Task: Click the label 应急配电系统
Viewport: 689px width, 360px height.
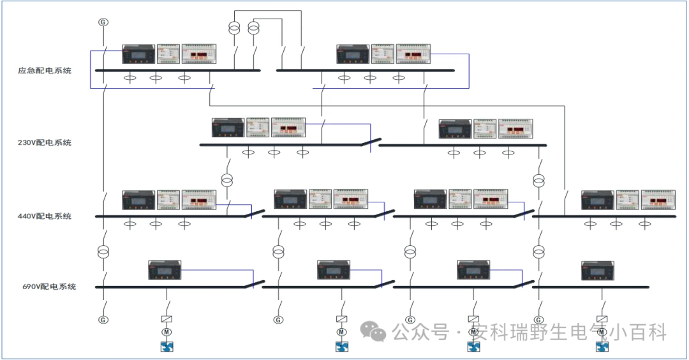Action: coord(44,71)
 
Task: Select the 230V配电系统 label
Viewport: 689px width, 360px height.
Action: coord(44,142)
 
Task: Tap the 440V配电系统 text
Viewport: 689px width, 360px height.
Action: coord(44,216)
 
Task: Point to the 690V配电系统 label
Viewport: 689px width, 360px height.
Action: coord(49,287)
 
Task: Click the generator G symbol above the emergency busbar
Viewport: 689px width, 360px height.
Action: coord(103,22)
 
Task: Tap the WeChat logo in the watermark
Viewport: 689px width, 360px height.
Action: coord(372,331)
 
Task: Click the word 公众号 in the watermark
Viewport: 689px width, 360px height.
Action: coord(419,333)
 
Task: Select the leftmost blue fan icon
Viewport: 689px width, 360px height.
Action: coord(167,347)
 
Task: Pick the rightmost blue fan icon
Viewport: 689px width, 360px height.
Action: coord(602,347)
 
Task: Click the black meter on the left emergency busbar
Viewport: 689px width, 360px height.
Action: coord(138,54)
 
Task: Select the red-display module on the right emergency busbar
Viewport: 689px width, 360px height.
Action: coord(413,54)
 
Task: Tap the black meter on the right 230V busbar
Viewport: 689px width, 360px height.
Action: coord(455,129)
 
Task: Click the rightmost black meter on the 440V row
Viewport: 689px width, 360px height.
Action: coord(598,200)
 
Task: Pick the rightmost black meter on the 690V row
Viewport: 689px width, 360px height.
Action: coord(598,271)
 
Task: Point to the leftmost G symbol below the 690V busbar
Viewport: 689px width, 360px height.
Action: coord(103,319)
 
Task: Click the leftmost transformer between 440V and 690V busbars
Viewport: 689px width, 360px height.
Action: coord(103,252)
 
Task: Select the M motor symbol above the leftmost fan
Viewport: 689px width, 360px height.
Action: coord(167,332)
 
